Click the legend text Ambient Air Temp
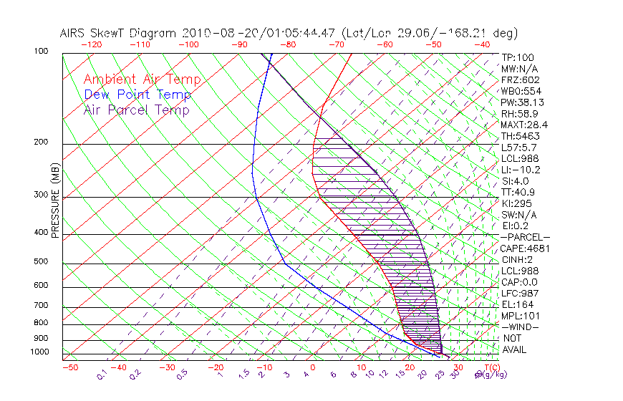click(x=142, y=79)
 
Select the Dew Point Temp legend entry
click(x=137, y=95)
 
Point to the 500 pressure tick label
click(x=42, y=261)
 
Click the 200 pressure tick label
click(x=42, y=142)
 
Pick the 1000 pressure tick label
click(x=39, y=352)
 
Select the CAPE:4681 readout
click(x=524, y=248)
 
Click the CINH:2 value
click(x=517, y=259)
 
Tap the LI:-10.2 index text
click(x=521, y=170)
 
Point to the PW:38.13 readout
click(x=521, y=102)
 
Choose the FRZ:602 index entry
click(x=521, y=79)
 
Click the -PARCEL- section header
click(x=525, y=237)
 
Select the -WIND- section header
click(x=520, y=327)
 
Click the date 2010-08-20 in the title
click(x=214, y=33)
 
